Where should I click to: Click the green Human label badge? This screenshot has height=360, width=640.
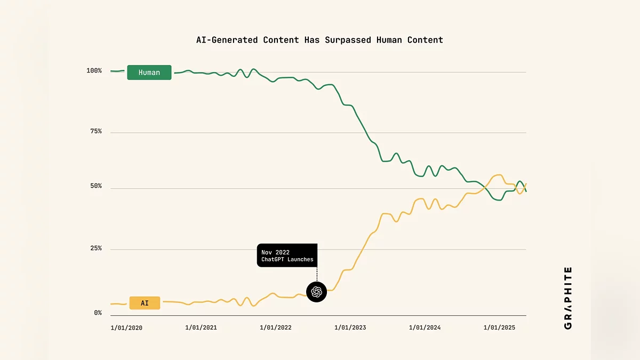[x=149, y=73]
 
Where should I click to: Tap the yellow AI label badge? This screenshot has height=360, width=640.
[x=145, y=303]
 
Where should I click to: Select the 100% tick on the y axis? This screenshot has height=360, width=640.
[x=94, y=71]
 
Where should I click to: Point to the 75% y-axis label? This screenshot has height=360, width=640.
[x=95, y=132]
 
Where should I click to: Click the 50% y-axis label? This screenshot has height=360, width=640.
[x=95, y=187]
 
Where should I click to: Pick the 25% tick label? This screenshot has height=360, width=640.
[x=95, y=249]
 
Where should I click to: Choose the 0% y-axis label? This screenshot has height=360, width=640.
[x=98, y=313]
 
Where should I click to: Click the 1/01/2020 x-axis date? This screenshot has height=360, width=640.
[x=126, y=327]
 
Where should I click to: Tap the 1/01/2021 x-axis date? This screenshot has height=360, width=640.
[x=201, y=327]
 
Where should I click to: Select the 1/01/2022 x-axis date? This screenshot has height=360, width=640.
[x=276, y=327]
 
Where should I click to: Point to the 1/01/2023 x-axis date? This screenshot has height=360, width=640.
[x=350, y=327]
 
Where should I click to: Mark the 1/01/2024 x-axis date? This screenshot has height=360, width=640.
[x=425, y=327]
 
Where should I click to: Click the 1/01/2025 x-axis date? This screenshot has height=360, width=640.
[x=500, y=327]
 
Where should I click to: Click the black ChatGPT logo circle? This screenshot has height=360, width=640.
[x=316, y=292]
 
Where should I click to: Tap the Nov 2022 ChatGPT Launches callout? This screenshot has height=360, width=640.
[x=287, y=255]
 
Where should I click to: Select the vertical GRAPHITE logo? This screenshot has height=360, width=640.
[x=567, y=298]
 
